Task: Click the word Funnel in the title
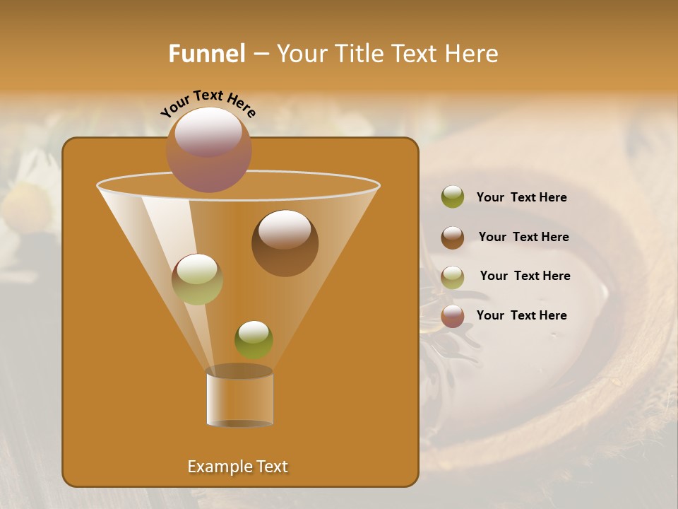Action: pyautogui.click(x=206, y=54)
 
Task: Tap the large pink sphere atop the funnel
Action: pyautogui.click(x=208, y=149)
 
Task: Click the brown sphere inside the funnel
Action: pyautogui.click(x=285, y=242)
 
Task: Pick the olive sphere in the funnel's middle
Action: pyautogui.click(x=197, y=279)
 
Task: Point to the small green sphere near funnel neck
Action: pyautogui.click(x=254, y=339)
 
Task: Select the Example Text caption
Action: pyautogui.click(x=238, y=467)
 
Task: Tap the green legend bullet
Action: pyautogui.click(x=453, y=197)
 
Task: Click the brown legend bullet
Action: pyautogui.click(x=453, y=238)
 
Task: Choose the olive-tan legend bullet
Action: pyautogui.click(x=453, y=276)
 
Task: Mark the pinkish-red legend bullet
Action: pyautogui.click(x=453, y=316)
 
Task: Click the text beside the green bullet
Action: pyautogui.click(x=521, y=198)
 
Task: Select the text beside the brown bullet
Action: pyautogui.click(x=523, y=238)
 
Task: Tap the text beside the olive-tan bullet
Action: pyautogui.click(x=525, y=276)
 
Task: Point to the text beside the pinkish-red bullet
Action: pyautogui.click(x=521, y=316)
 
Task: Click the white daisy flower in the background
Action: pyautogui.click(x=28, y=201)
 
